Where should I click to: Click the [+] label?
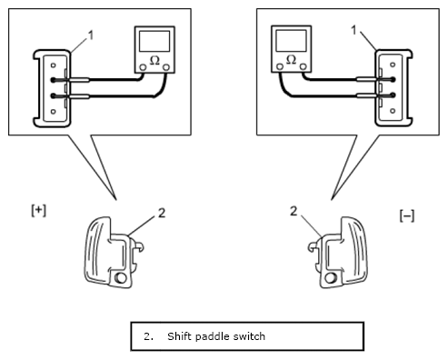point(39,211)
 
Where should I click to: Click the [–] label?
point(407,216)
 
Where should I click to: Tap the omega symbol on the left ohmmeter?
point(154,60)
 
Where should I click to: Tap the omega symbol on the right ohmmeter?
point(291,59)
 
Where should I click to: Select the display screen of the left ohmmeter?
point(154,41)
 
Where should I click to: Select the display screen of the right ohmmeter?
point(291,40)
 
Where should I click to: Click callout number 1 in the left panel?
point(91,35)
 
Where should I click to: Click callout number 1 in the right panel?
point(353,30)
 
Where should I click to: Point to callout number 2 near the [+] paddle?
point(162,213)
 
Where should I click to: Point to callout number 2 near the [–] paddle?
point(294,211)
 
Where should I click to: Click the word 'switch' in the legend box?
point(248,336)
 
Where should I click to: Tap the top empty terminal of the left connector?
point(54,65)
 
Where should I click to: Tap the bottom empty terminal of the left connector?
point(54,112)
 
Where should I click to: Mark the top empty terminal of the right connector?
point(393,65)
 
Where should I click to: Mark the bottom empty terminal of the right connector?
point(393,111)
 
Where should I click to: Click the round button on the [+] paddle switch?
point(121,277)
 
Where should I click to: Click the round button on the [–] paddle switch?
point(331,277)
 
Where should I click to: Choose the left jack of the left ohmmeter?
point(143,67)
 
